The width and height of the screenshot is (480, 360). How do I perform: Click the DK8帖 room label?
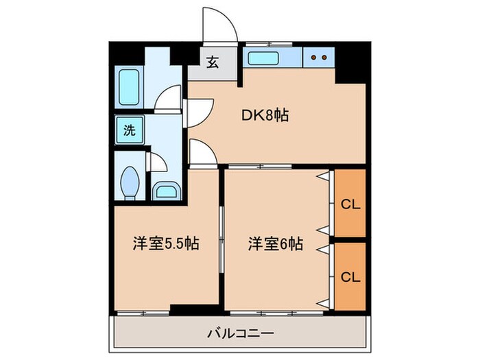[265, 116]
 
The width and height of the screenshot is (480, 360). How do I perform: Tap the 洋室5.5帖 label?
[166, 243]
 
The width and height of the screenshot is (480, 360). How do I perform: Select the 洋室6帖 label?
[275, 243]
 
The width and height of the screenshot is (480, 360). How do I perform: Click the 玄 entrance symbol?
[213, 63]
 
